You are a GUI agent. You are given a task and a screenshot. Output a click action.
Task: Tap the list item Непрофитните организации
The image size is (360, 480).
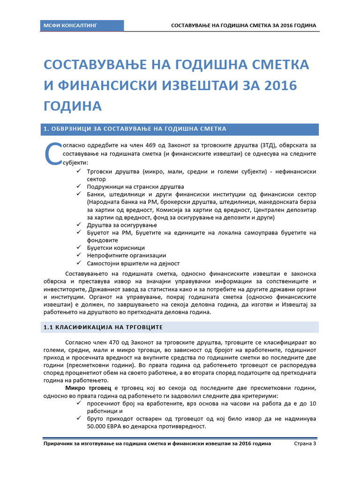click(x=127, y=255)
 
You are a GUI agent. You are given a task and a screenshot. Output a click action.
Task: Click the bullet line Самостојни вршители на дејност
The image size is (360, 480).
click(x=133, y=263)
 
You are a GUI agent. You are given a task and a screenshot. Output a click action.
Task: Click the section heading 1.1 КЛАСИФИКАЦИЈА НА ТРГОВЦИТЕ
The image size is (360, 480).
click(x=103, y=327)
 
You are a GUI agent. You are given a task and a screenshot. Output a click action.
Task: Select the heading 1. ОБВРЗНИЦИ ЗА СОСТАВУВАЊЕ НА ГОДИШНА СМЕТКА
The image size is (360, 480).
click(x=135, y=129)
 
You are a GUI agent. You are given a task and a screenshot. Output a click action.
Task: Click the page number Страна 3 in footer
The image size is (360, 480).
click(x=305, y=443)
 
